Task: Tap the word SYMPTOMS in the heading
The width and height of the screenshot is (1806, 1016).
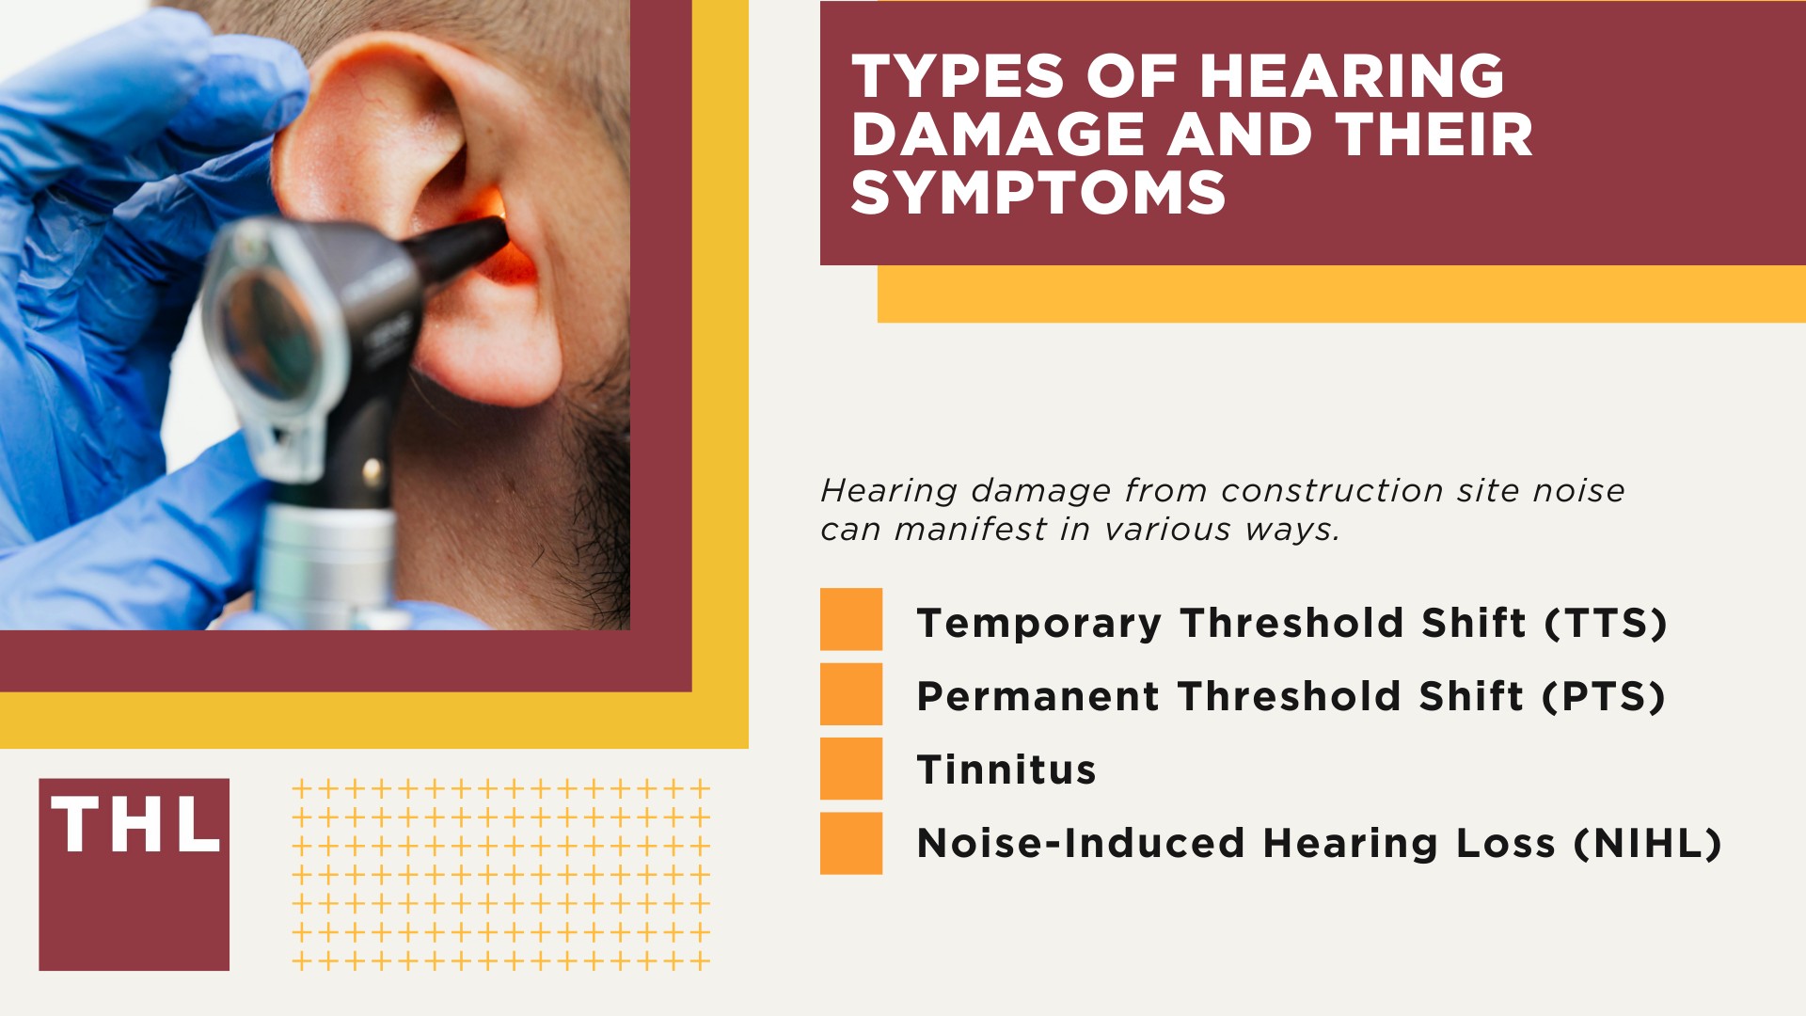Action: point(1038,193)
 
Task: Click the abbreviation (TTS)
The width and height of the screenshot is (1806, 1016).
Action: point(1606,624)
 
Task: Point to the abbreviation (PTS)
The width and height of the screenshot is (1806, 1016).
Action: point(1604,697)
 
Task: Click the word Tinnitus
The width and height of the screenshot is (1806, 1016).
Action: point(1006,770)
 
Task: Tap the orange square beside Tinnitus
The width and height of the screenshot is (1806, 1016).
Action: point(850,769)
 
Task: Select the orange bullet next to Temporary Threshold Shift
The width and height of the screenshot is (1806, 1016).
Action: point(850,619)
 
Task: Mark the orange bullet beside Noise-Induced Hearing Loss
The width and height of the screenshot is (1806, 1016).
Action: point(850,843)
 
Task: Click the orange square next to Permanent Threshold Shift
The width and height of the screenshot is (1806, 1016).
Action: point(850,694)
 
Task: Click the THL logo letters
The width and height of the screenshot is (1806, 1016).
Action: point(135,826)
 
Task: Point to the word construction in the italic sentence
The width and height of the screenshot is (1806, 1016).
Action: point(1332,491)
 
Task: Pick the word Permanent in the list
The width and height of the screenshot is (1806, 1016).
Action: point(1038,697)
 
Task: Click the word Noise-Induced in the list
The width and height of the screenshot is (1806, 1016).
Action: point(1081,844)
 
